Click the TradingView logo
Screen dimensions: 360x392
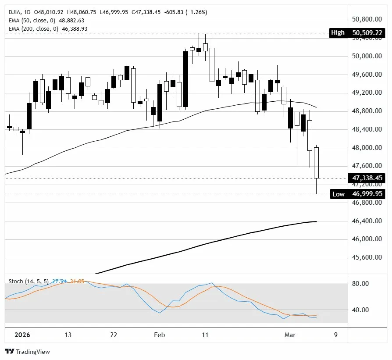pos(27,351)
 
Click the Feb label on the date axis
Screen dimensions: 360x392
pos(160,335)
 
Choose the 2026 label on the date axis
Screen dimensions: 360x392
pos(22,335)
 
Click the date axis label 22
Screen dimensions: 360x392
pos(114,335)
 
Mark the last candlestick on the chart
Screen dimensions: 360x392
pos(316,163)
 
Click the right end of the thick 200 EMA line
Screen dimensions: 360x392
pos(316,221)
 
